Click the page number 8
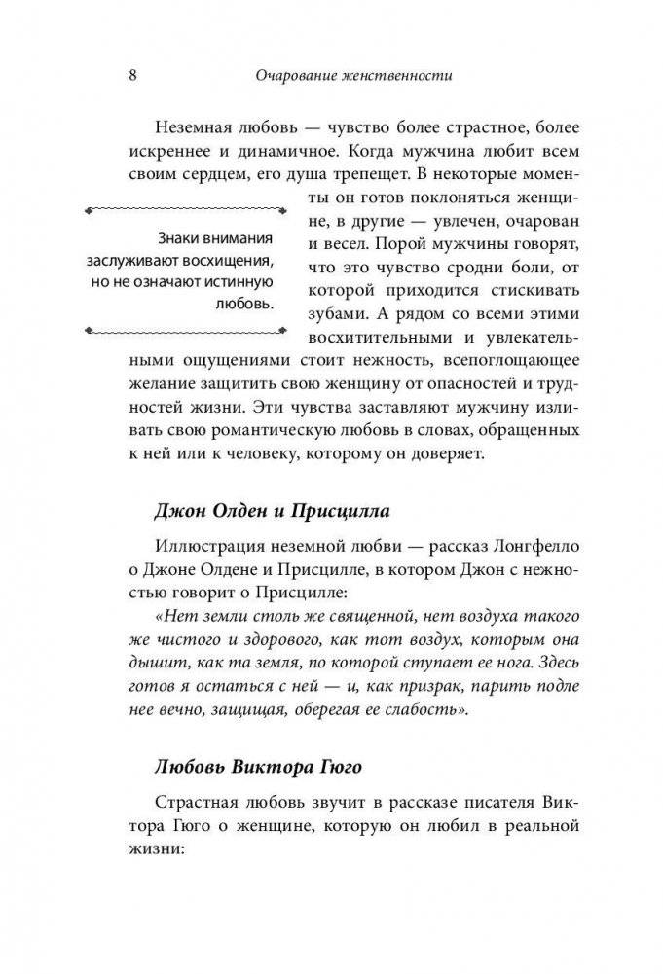131,75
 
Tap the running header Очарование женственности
357,75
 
